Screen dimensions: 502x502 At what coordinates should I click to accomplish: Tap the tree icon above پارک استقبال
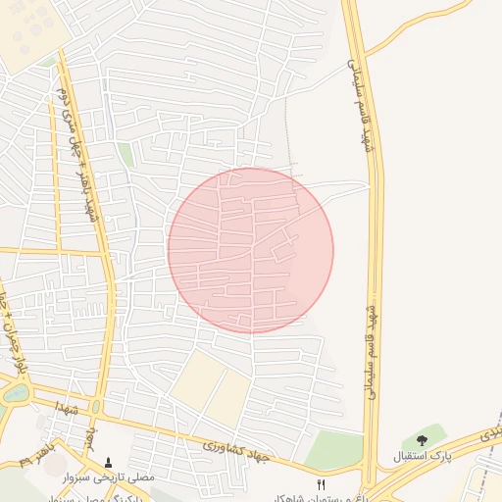423,441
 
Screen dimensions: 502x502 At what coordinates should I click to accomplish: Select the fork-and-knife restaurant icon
320,485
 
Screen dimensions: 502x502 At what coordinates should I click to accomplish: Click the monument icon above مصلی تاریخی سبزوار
108,461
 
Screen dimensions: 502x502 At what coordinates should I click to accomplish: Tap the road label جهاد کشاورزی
243,450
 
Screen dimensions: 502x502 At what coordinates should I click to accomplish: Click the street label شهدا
67,405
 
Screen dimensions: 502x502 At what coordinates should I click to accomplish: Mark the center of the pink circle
251,250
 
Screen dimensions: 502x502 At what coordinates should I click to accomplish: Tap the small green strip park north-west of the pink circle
125,155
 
